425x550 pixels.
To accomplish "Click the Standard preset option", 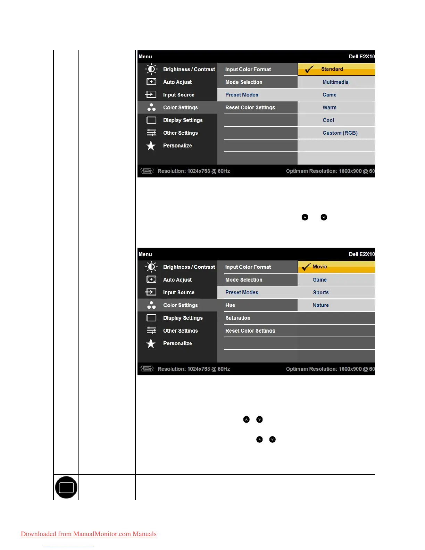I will coord(332,69).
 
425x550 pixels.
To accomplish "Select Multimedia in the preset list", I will coord(335,82).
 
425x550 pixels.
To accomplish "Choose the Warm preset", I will coord(329,108).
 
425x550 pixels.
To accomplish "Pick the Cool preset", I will coord(328,120).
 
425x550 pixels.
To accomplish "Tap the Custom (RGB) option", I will coord(340,133).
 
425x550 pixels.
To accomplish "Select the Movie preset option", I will coord(320,267).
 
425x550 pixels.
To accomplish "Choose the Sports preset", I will coord(320,292).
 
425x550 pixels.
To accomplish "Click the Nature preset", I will coord(320,305).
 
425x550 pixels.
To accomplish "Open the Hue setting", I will coord(230,305).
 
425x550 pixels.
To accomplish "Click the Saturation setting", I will coord(238,318).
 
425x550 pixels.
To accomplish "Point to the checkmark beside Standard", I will coord(309,69).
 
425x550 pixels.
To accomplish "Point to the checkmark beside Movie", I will coord(306,267).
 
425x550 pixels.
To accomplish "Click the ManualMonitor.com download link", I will coord(89,534).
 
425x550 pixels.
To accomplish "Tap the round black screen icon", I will coord(66,487).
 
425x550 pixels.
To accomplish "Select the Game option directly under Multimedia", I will coord(329,95).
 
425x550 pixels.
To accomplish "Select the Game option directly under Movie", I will coord(319,280).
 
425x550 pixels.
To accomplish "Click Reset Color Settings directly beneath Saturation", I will coord(250,331).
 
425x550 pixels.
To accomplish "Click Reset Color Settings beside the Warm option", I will coord(250,108).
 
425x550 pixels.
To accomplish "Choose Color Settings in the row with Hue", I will coord(180,305).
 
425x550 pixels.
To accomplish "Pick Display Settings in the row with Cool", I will coord(183,120).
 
